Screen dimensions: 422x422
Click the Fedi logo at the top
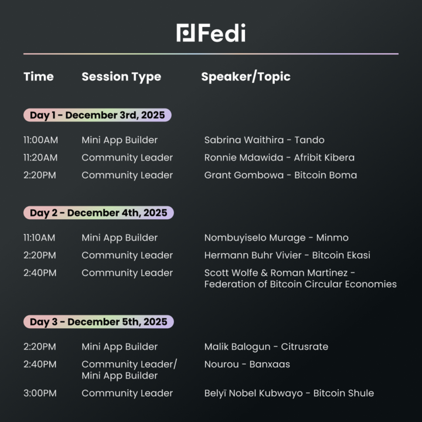(211, 33)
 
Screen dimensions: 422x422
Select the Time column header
(39, 77)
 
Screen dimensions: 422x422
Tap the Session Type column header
(121, 77)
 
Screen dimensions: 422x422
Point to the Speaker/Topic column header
(246, 77)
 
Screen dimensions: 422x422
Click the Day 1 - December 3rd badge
(97, 115)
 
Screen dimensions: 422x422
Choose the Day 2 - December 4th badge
(98, 213)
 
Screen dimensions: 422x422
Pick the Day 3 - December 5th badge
(98, 322)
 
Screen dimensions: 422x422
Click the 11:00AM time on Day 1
(41, 140)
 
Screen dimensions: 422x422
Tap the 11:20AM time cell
(41, 158)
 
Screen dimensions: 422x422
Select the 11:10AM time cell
(40, 238)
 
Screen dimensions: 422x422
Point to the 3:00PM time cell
(40, 393)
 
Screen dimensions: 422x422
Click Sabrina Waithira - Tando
(264, 140)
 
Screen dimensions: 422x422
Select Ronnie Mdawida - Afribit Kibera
(279, 158)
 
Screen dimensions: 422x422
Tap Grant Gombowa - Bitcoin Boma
(280, 175)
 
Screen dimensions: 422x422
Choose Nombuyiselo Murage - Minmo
(276, 238)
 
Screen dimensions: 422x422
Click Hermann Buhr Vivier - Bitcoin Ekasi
(287, 256)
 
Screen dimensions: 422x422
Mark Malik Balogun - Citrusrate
(266, 347)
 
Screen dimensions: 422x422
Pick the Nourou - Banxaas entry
(247, 365)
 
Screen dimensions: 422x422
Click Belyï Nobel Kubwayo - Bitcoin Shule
(289, 393)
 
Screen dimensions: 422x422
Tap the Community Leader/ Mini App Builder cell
(129, 370)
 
